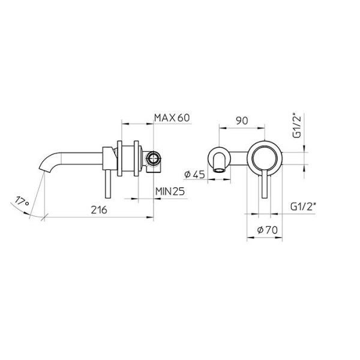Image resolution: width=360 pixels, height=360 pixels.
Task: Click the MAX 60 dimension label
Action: (171, 118)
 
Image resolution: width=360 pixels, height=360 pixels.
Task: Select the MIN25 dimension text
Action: (169, 191)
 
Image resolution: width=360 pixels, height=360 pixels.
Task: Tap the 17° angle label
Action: (23, 202)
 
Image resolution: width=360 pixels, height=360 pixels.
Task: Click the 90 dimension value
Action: (241, 121)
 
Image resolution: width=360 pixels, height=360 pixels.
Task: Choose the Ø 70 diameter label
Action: (263, 230)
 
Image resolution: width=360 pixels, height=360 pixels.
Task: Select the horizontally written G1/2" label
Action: (303, 206)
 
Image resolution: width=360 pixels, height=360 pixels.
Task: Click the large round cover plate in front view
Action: (263, 157)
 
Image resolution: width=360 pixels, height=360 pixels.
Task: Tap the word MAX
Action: (164, 118)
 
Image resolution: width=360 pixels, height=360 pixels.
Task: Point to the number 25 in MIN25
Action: (178, 191)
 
